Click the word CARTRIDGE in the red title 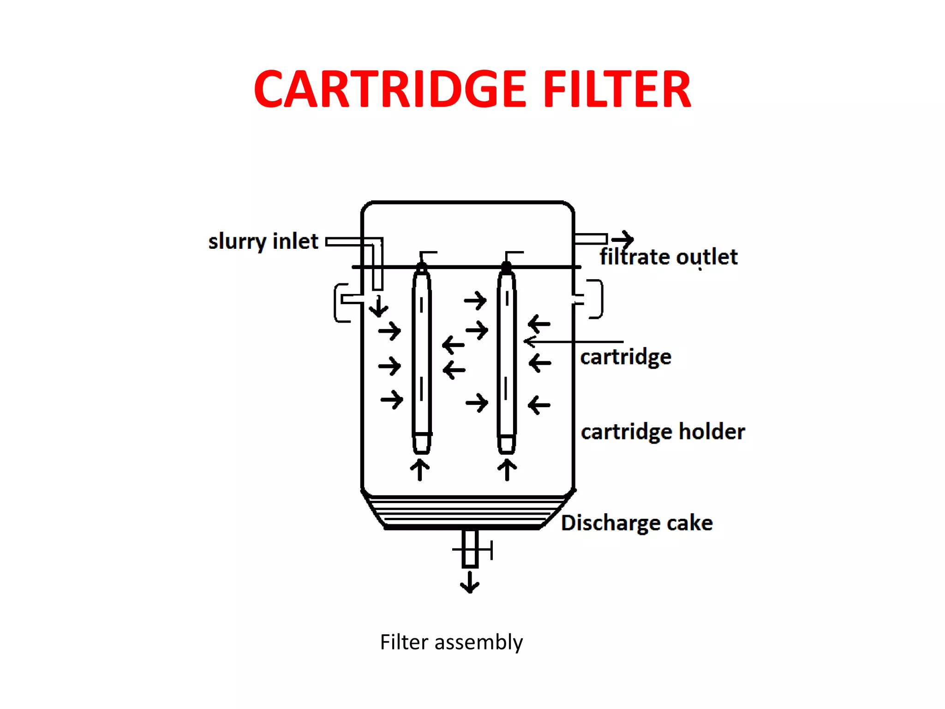click(x=390, y=89)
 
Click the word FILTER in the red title click(x=617, y=89)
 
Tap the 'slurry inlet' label click(x=263, y=241)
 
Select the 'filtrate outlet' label click(x=668, y=257)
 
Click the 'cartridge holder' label click(x=663, y=432)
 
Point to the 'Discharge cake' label click(x=637, y=523)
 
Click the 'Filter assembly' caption click(x=451, y=642)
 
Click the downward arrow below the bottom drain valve click(x=470, y=583)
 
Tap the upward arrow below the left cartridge click(x=420, y=469)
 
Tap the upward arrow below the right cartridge click(x=507, y=469)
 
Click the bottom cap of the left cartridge click(x=422, y=443)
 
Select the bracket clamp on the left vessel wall click(x=342, y=302)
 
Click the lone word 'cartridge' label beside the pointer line click(x=626, y=357)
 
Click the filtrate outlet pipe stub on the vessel click(x=590, y=239)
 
